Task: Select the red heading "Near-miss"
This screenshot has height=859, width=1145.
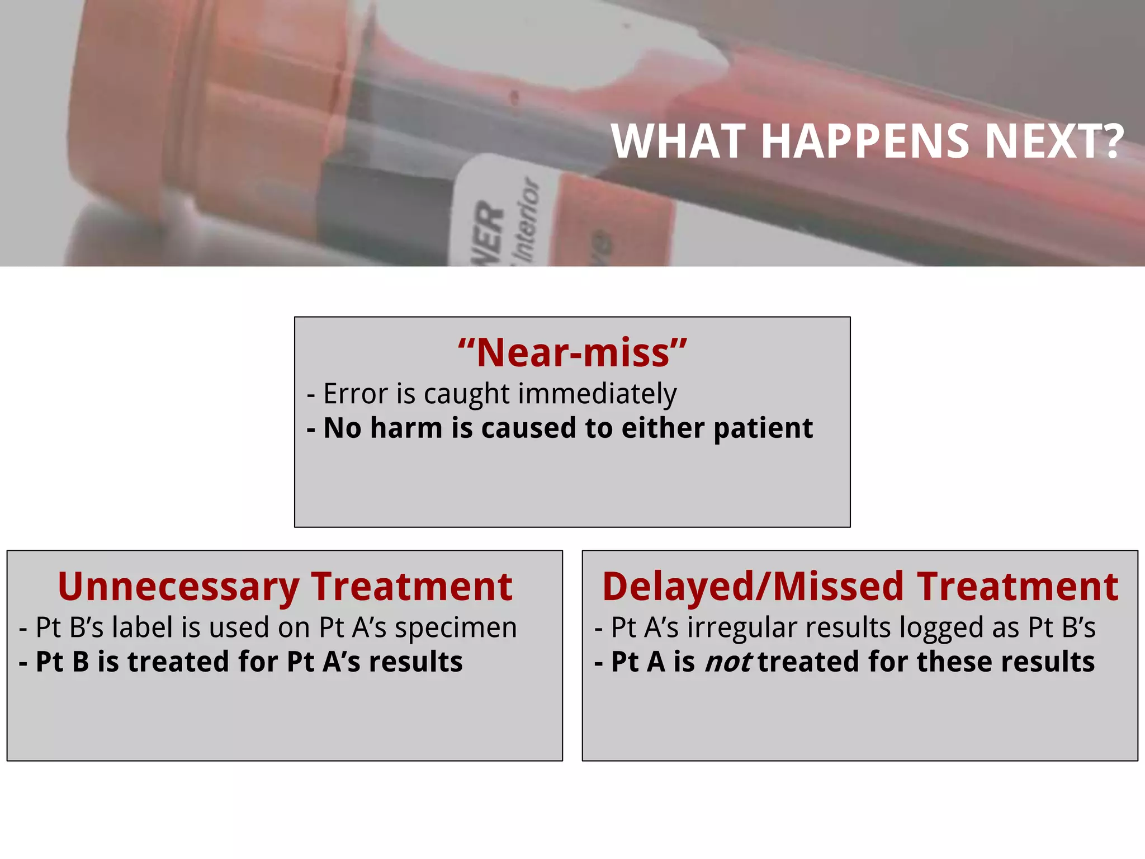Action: point(572,353)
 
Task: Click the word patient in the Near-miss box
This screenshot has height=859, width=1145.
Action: point(763,429)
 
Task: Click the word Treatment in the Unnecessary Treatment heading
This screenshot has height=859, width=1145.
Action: point(411,587)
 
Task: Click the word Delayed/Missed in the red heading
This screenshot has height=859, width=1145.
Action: point(753,587)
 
